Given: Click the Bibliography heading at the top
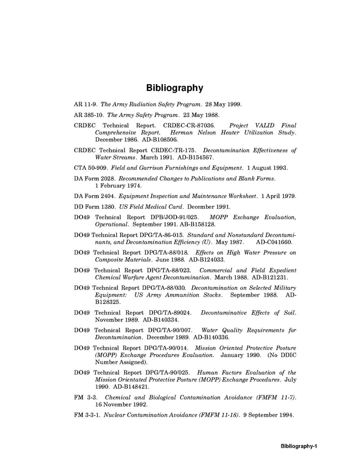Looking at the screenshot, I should pyautogui.click(x=174, y=88).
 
